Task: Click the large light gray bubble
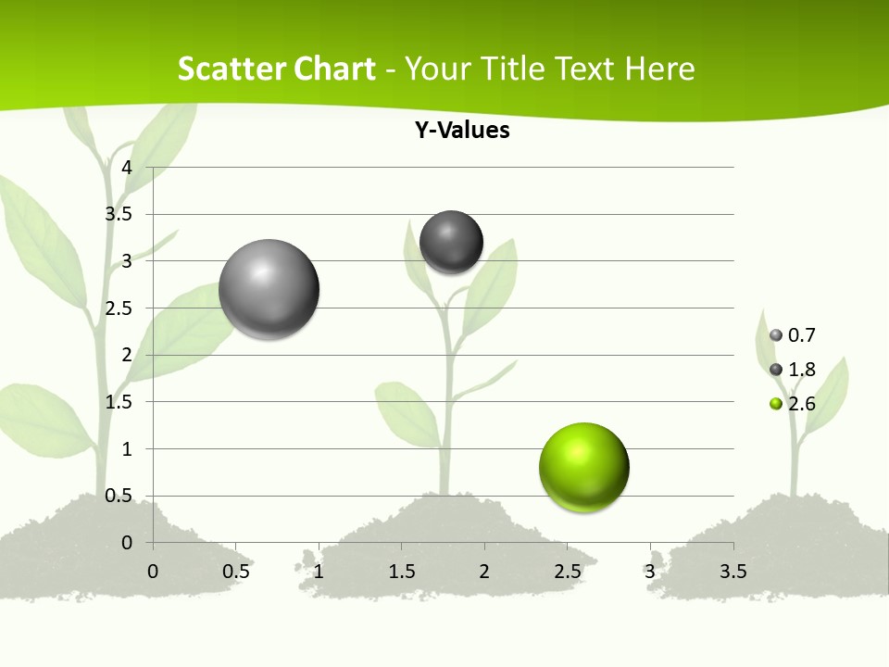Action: point(269,289)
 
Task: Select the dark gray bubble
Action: point(452,243)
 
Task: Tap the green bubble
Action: point(583,467)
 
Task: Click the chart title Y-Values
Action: point(462,131)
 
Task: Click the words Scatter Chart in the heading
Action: point(277,69)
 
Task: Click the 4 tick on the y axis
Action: point(127,168)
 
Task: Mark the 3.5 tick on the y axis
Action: point(119,214)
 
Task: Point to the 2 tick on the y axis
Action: point(127,355)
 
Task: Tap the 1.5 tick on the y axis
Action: point(119,402)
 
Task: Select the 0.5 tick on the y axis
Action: point(119,496)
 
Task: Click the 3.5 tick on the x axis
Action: point(732,572)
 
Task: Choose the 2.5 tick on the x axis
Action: point(567,572)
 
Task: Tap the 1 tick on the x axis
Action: point(319,572)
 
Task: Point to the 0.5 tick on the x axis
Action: point(236,572)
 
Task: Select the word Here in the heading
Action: point(659,69)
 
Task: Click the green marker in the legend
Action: point(776,403)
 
